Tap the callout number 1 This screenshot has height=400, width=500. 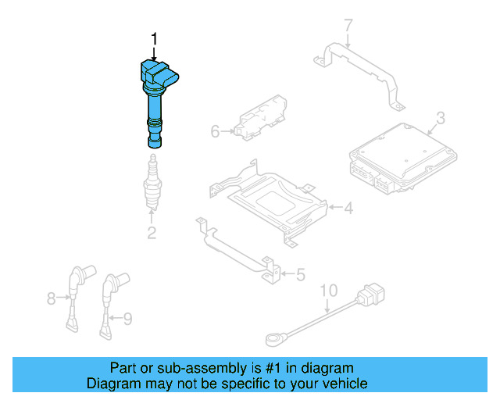tap(154, 38)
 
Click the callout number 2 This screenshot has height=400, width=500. tap(152, 232)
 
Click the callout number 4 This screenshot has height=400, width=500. tap(349, 207)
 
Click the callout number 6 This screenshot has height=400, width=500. tap(216, 132)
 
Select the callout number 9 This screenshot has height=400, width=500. tap(128, 317)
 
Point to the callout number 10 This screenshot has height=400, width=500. tap(328, 291)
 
